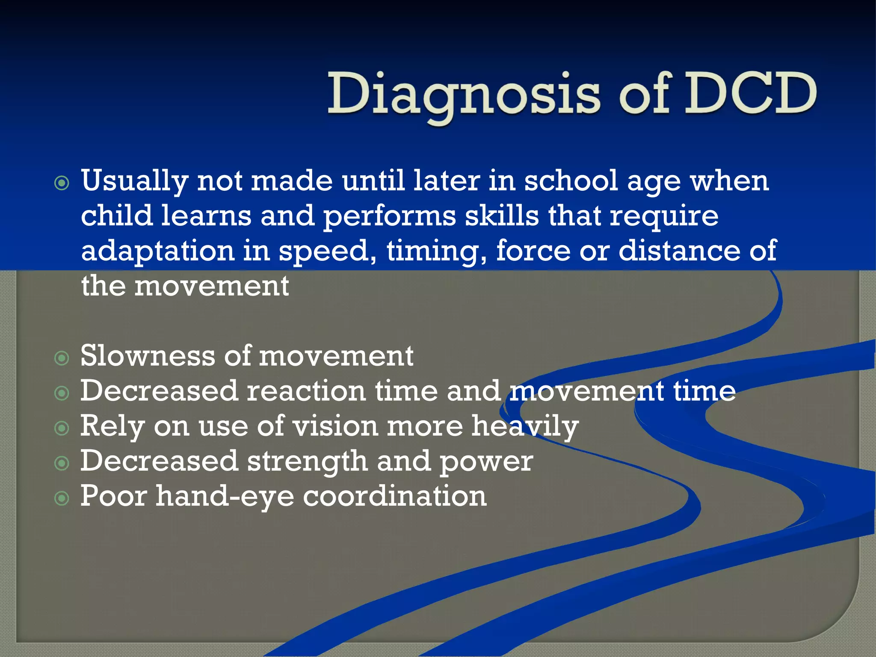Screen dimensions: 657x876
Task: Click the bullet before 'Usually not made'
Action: coord(62,183)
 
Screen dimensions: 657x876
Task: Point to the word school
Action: coord(571,181)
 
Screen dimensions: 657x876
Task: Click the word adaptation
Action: coord(157,252)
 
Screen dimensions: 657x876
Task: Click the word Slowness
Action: coord(148,356)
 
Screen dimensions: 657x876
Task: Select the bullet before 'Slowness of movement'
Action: coord(62,358)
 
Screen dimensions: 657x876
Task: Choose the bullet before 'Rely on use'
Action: coord(62,428)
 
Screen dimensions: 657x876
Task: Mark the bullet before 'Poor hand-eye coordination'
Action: coord(62,498)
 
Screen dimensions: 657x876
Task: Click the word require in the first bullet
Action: coord(664,216)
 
